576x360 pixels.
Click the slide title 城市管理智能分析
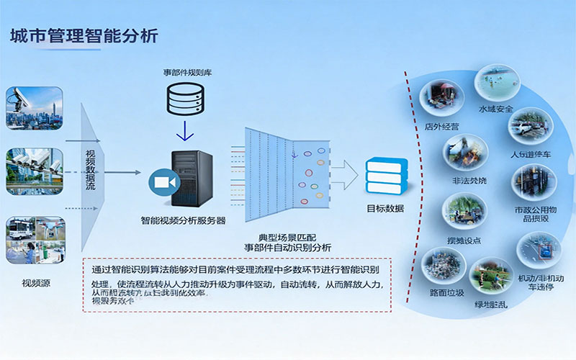pyautogui.click(x=83, y=35)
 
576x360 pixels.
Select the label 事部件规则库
pyautogui.click(x=186, y=73)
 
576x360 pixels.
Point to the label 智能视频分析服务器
pyautogui.click(x=184, y=220)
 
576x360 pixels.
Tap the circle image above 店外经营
pyautogui.click(x=441, y=98)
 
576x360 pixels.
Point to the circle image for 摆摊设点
pyautogui.click(x=463, y=211)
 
